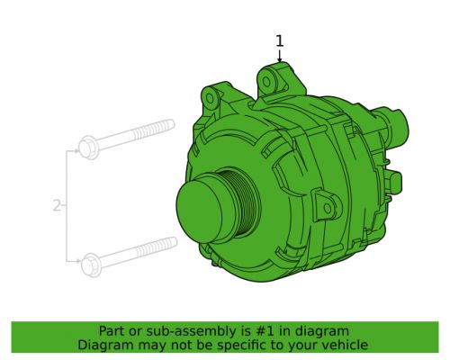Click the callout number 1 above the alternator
pyautogui.click(x=279, y=40)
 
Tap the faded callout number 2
pyautogui.click(x=57, y=206)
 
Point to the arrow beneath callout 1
pyautogui.click(x=279, y=56)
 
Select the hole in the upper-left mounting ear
pyautogui.click(x=211, y=94)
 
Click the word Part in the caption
pyautogui.click(x=116, y=331)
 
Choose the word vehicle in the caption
pyautogui.click(x=346, y=345)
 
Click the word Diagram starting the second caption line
pyautogui.click(x=104, y=345)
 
